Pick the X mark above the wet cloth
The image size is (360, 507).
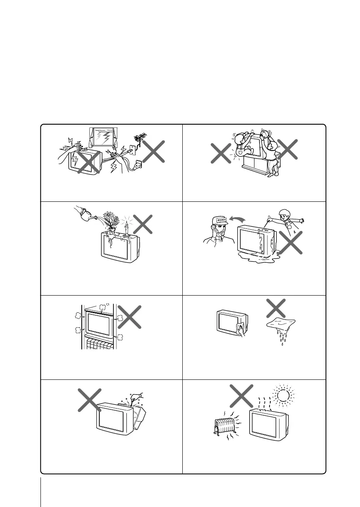[x=276, y=307]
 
